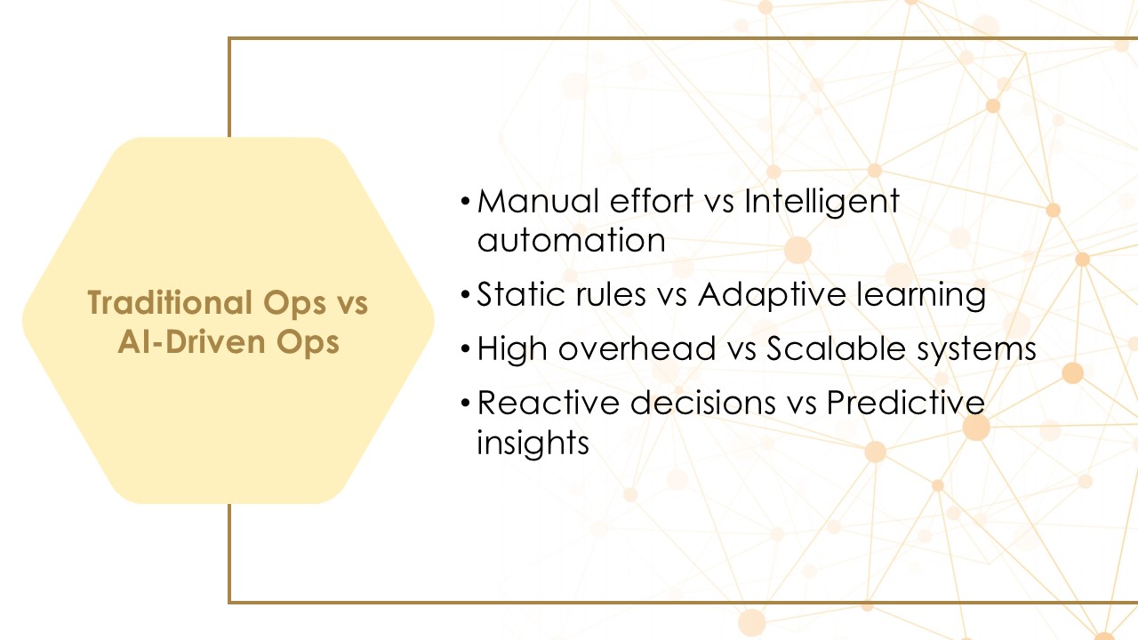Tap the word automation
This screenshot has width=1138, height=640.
click(571, 240)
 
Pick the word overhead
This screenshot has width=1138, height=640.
click(637, 349)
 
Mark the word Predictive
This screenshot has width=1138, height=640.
click(905, 404)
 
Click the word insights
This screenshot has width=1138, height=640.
click(533, 443)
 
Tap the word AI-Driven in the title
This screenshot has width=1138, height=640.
click(193, 342)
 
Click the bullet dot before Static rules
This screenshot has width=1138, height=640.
click(465, 296)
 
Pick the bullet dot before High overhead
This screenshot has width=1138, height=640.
click(465, 350)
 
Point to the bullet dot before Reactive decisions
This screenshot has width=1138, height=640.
click(465, 404)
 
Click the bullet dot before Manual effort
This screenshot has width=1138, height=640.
click(465, 202)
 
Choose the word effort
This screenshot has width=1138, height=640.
click(652, 201)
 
